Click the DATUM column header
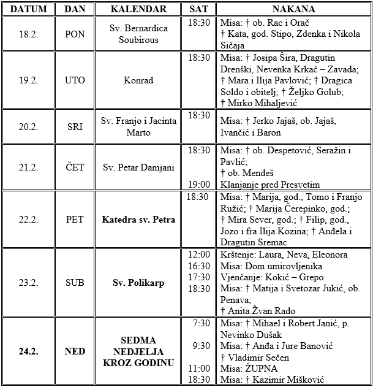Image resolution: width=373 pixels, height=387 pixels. [x=28, y=9]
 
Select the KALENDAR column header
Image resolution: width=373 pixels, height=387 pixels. [x=138, y=9]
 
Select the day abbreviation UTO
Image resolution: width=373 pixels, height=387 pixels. [x=75, y=80]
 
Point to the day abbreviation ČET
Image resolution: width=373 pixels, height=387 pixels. [x=75, y=167]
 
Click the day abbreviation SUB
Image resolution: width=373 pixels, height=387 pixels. [x=75, y=283]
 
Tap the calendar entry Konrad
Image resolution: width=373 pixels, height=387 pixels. [x=138, y=80]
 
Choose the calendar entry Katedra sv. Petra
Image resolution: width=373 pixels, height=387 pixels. [x=138, y=220]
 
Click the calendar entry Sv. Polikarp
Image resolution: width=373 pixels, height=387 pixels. [x=138, y=283]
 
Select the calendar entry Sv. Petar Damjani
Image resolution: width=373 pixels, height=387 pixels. [x=138, y=167]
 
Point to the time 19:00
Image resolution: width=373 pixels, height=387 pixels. [x=200, y=184]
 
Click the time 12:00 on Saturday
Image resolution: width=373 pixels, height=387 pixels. [x=200, y=255]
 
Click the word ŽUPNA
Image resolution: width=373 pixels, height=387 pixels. [x=262, y=369]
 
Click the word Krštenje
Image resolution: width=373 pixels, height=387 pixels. [x=238, y=255]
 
